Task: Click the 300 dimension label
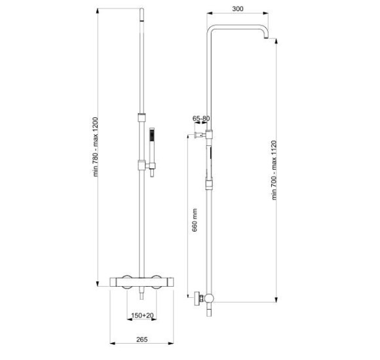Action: click(x=237, y=9)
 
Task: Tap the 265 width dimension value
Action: click(x=142, y=340)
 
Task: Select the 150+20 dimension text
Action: click(x=142, y=315)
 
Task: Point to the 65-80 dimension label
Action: click(x=201, y=118)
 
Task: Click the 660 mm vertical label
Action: click(x=195, y=220)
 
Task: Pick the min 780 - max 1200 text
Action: click(x=96, y=147)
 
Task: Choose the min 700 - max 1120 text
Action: click(x=274, y=170)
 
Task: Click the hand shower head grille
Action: click(x=152, y=135)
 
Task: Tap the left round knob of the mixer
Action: click(x=126, y=282)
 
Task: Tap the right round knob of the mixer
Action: click(x=157, y=282)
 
